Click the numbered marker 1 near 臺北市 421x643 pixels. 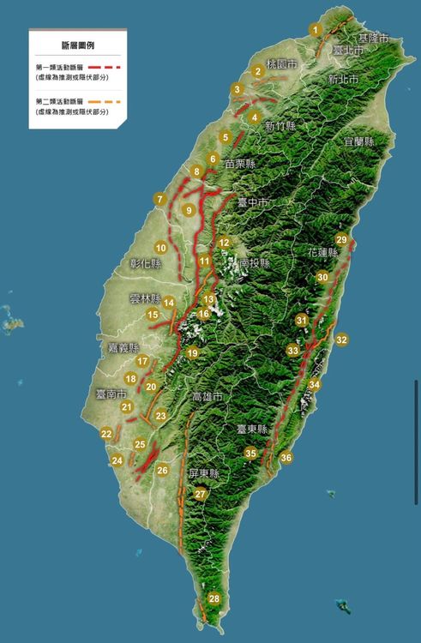click(316, 30)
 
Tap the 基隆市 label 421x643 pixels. click(373, 39)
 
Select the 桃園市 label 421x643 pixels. click(282, 64)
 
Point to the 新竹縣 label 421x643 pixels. click(280, 126)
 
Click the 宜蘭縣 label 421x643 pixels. click(358, 141)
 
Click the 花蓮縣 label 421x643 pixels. click(321, 253)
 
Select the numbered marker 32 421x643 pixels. click(342, 340)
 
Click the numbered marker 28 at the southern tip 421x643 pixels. click(214, 598)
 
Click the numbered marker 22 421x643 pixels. click(105, 434)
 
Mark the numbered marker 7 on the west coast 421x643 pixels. click(159, 199)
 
